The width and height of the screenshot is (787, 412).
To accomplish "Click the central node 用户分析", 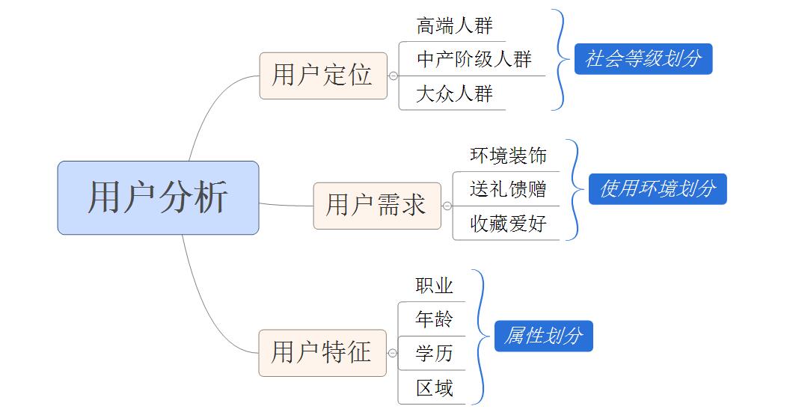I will click(x=158, y=197).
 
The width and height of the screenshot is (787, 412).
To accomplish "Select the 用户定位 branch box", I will click(x=323, y=76).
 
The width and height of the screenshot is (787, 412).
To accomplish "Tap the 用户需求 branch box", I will click(x=376, y=205).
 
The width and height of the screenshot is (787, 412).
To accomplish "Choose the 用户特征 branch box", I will click(x=322, y=352).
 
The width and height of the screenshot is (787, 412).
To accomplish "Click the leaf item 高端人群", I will click(x=455, y=26).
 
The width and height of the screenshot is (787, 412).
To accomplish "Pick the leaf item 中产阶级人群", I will click(x=474, y=59).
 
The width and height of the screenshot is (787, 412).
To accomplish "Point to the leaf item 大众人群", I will click(x=455, y=94).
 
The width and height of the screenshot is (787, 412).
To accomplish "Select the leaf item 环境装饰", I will click(x=509, y=156).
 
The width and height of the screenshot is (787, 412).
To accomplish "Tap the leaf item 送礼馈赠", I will click(x=509, y=188).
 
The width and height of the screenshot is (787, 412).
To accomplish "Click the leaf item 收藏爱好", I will click(x=509, y=223).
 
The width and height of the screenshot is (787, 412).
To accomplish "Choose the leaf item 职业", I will click(x=435, y=286).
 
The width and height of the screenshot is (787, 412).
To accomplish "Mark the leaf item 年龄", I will click(x=435, y=319).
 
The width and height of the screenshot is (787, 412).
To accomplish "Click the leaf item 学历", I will click(x=435, y=353).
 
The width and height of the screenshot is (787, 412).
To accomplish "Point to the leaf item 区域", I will click(x=435, y=387).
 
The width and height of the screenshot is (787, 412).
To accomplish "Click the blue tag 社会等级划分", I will click(x=643, y=59).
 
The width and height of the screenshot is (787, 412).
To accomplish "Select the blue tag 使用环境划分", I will click(x=658, y=189).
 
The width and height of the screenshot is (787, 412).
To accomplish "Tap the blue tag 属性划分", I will click(x=543, y=336).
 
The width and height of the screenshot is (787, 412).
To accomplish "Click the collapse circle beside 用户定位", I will click(x=393, y=76).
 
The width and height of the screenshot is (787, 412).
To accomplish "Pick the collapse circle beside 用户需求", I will click(x=447, y=206).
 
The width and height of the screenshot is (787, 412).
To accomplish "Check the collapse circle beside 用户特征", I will click(x=393, y=353).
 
